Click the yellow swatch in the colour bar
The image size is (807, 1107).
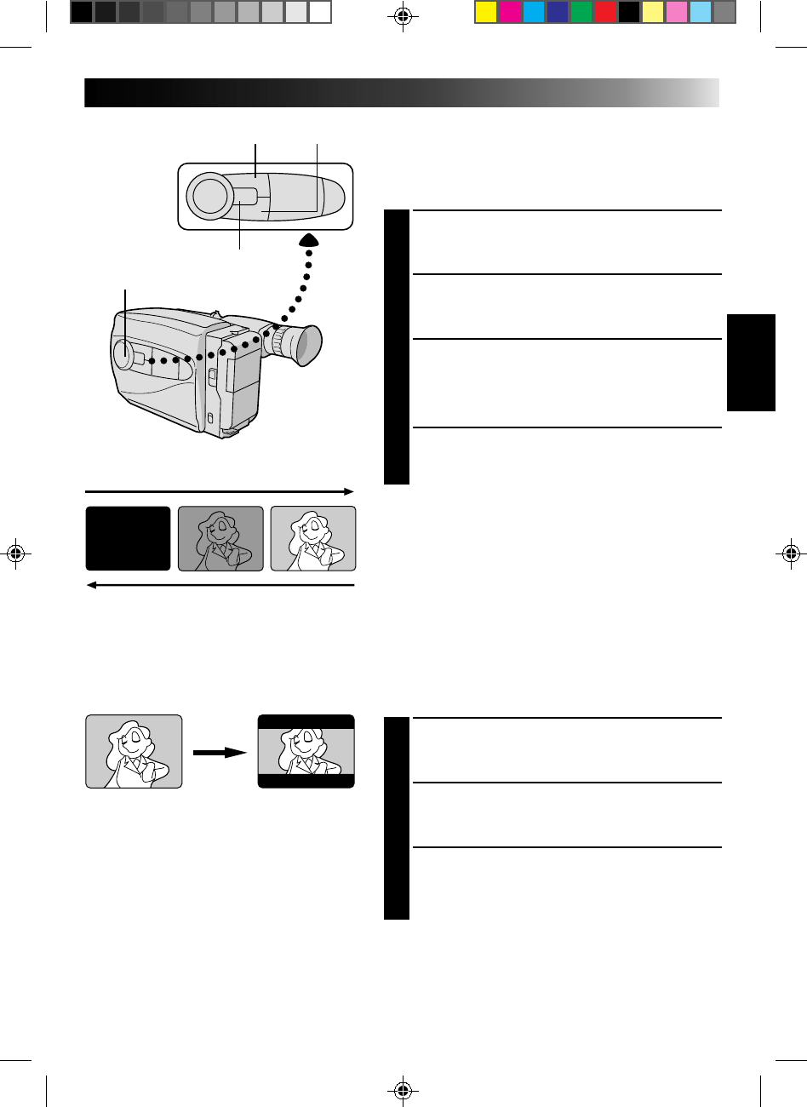click(485, 12)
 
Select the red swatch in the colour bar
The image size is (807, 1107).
click(605, 12)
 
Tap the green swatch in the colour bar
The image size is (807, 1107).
click(581, 12)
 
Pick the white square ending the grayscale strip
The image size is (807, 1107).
click(320, 12)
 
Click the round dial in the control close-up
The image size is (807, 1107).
click(211, 195)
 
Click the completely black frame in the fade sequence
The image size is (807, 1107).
click(128, 538)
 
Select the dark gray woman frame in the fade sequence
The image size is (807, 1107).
click(220, 538)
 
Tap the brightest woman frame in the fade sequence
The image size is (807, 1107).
click(312, 538)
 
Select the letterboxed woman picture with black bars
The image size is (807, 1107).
click(306, 751)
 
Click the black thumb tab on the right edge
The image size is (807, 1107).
click(752, 363)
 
